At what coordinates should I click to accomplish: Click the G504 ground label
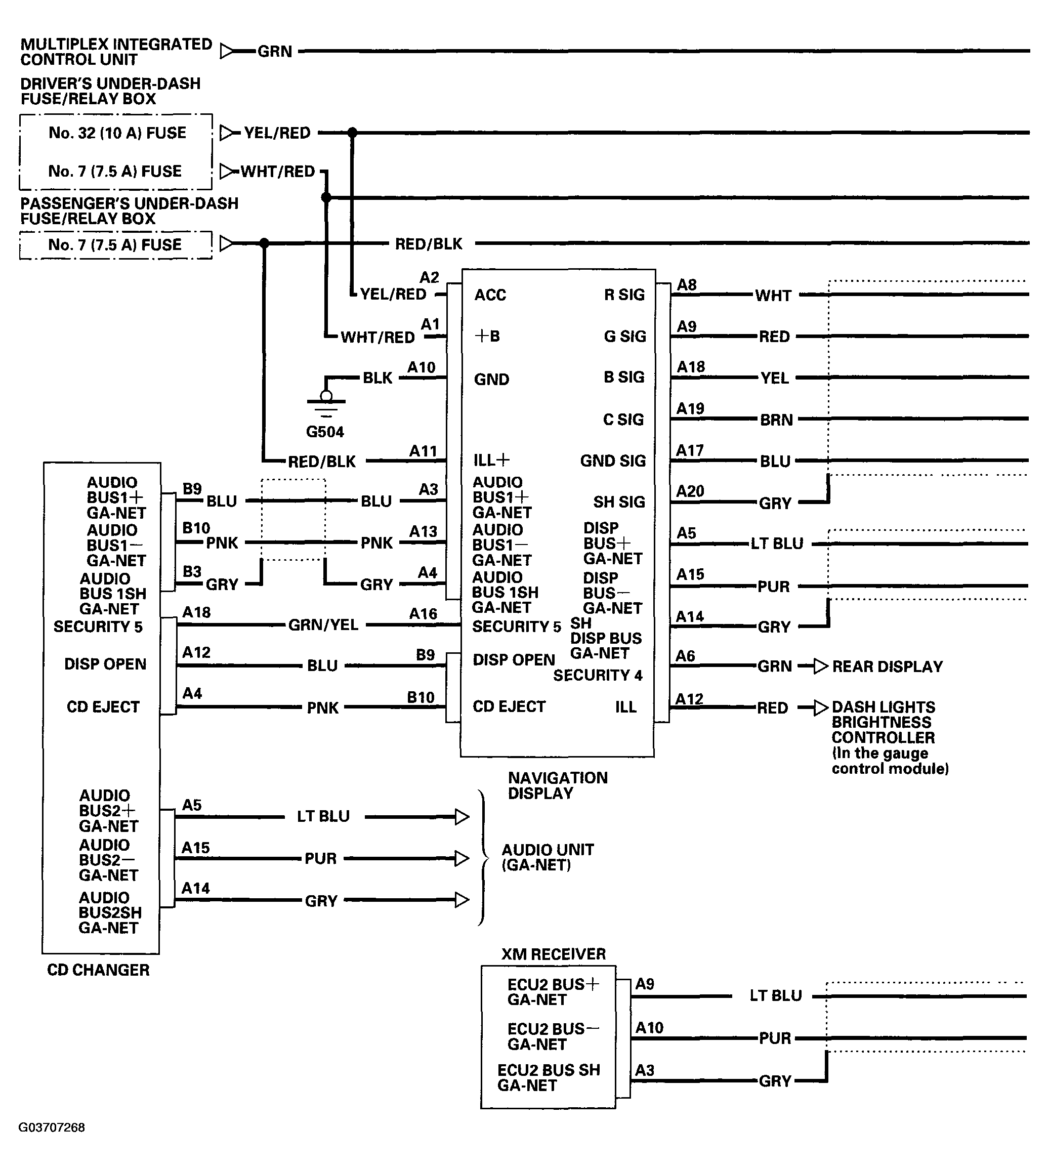pos(324,432)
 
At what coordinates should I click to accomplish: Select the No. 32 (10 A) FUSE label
pos(117,133)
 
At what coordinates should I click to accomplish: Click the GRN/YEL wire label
pos(323,625)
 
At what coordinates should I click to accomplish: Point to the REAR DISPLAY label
pos(887,667)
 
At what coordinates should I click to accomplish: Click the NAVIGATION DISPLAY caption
pos(557,785)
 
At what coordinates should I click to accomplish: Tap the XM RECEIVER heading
pos(553,954)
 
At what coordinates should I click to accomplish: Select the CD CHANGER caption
pos(98,971)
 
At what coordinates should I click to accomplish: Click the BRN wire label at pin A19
pos(776,420)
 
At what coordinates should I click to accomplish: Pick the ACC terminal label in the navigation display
pos(490,295)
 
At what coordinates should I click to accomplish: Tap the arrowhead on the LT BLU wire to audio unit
pos(461,817)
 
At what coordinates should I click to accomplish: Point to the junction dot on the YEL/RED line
pos(352,133)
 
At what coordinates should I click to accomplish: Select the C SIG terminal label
pos(623,420)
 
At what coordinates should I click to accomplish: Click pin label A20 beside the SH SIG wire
pos(690,491)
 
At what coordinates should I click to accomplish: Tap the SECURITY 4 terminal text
pos(597,676)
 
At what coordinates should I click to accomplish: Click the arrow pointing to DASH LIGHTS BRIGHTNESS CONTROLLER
pos(820,708)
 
